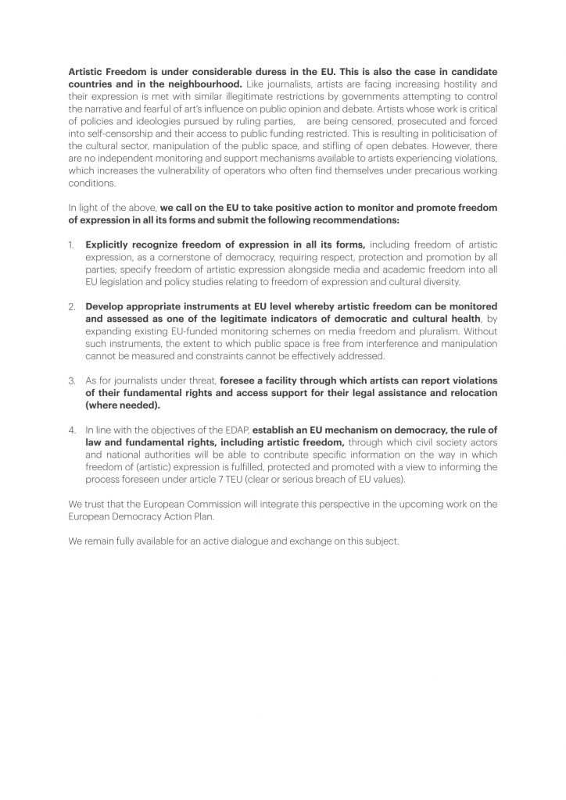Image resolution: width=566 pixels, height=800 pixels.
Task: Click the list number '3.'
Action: coord(72,381)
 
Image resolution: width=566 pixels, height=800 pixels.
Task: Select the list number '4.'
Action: coord(72,429)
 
